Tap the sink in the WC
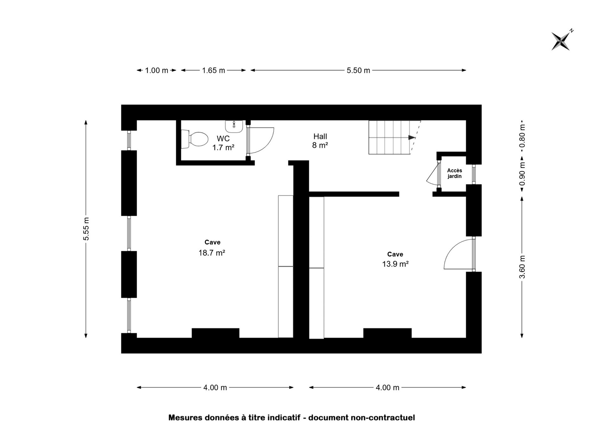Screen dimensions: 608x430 (x=234, y=127)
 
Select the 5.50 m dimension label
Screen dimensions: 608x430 (x=358, y=70)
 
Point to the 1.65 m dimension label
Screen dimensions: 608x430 (x=213, y=70)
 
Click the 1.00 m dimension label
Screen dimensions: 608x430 (x=157, y=70)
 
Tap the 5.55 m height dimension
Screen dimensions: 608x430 (x=86, y=229)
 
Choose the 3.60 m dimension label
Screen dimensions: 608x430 (x=522, y=267)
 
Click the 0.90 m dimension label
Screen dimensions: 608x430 (x=522, y=173)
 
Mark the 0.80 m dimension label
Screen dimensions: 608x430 (x=522, y=136)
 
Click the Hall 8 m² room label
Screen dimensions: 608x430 (x=320, y=141)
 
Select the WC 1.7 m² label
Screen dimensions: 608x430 (x=223, y=143)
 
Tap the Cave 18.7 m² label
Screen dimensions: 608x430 (x=212, y=248)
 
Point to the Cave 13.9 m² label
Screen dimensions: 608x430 (x=395, y=259)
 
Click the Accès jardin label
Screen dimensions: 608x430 (x=454, y=173)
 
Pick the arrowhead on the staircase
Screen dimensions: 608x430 (x=412, y=137)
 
